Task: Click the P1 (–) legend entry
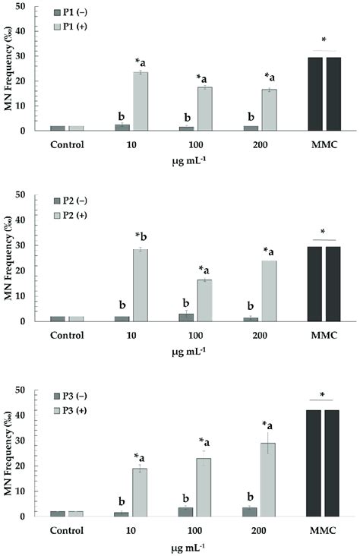[x=77, y=14]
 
